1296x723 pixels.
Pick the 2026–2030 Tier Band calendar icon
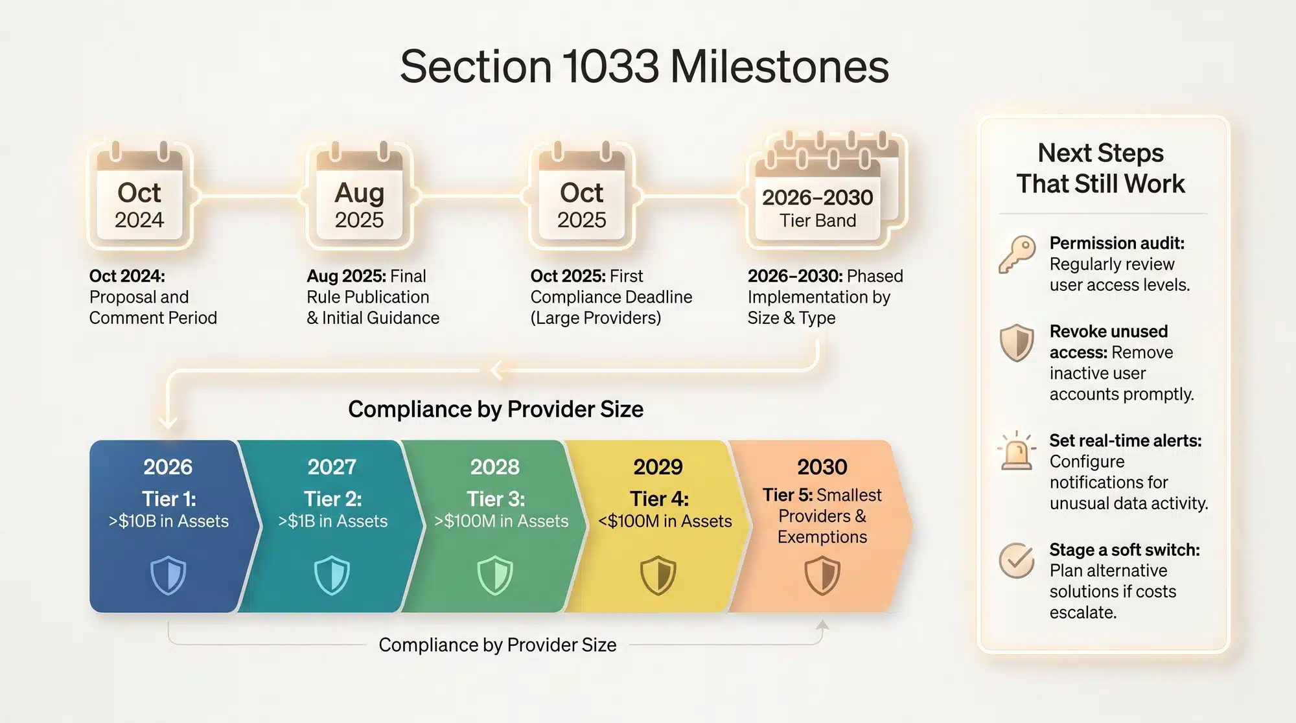coord(823,191)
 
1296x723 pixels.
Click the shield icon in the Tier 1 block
coord(168,575)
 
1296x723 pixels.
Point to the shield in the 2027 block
coord(332,575)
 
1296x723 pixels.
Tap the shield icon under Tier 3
coord(495,575)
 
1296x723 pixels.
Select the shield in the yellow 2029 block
coord(658,575)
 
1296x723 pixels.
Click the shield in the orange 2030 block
coord(822,575)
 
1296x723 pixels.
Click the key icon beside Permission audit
coord(1016,254)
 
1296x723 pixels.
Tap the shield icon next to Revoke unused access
coord(1017,342)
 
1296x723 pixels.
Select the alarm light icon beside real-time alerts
coord(1017,451)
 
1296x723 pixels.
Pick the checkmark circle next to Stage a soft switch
coord(1016,560)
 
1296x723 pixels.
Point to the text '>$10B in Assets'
coord(168,522)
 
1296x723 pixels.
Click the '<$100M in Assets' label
coord(665,522)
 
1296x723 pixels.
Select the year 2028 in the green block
coord(495,467)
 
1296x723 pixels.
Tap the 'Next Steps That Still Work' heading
coord(1100,168)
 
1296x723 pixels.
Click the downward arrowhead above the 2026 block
coord(168,422)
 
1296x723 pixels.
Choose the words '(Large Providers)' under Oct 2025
coord(596,318)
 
